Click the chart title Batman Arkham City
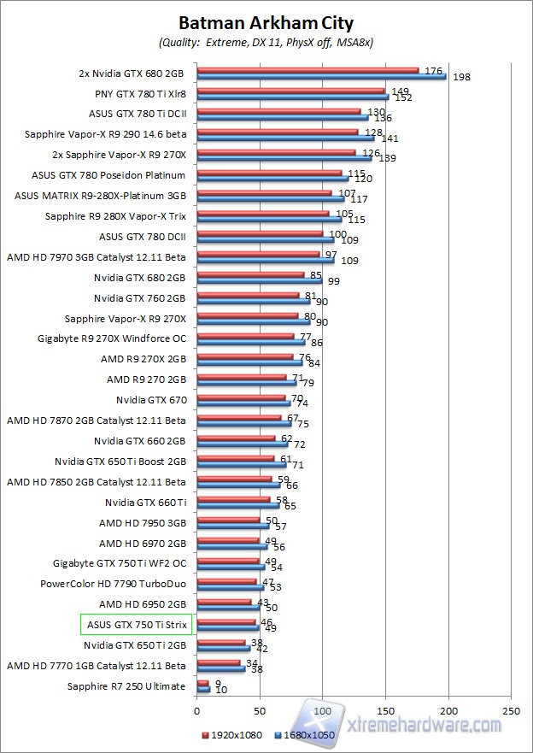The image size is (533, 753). [266, 23]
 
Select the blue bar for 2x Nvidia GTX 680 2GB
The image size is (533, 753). [321, 76]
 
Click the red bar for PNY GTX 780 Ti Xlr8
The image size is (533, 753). [290, 90]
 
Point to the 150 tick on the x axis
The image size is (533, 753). [386, 711]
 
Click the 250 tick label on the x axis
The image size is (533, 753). [512, 711]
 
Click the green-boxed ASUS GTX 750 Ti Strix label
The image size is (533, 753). [136, 625]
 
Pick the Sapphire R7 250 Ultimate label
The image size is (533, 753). [126, 686]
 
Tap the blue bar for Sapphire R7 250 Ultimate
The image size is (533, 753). [203, 689]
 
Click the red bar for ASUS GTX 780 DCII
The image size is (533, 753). [260, 233]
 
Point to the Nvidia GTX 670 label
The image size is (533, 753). [151, 399]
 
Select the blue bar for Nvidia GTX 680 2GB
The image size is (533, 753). [259, 280]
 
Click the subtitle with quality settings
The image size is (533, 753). [266, 42]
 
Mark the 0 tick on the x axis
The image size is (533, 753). [196, 711]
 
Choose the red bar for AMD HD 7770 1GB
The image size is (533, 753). [218, 662]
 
